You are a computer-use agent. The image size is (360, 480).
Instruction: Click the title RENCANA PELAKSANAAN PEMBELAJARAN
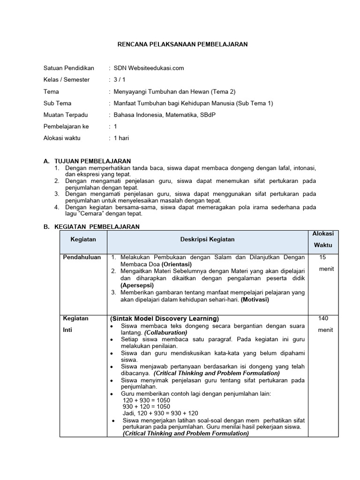(182, 44)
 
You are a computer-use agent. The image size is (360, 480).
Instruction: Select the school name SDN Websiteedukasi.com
(149, 68)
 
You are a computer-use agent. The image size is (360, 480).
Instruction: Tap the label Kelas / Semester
(66, 80)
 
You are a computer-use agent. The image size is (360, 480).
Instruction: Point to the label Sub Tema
(57, 103)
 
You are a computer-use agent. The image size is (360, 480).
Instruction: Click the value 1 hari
(121, 138)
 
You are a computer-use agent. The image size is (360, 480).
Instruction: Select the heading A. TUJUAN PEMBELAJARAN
(87, 161)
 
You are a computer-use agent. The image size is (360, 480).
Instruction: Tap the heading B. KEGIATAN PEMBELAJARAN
(91, 226)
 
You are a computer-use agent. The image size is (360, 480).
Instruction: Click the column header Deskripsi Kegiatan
(208, 239)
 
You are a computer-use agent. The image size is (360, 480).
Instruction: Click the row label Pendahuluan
(82, 257)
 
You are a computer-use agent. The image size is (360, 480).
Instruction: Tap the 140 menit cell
(324, 324)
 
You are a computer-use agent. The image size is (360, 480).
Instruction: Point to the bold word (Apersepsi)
(139, 285)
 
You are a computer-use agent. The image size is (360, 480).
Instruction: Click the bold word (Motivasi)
(255, 300)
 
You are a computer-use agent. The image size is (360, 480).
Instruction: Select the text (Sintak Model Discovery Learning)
(165, 319)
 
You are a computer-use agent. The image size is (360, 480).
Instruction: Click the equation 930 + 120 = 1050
(146, 407)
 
